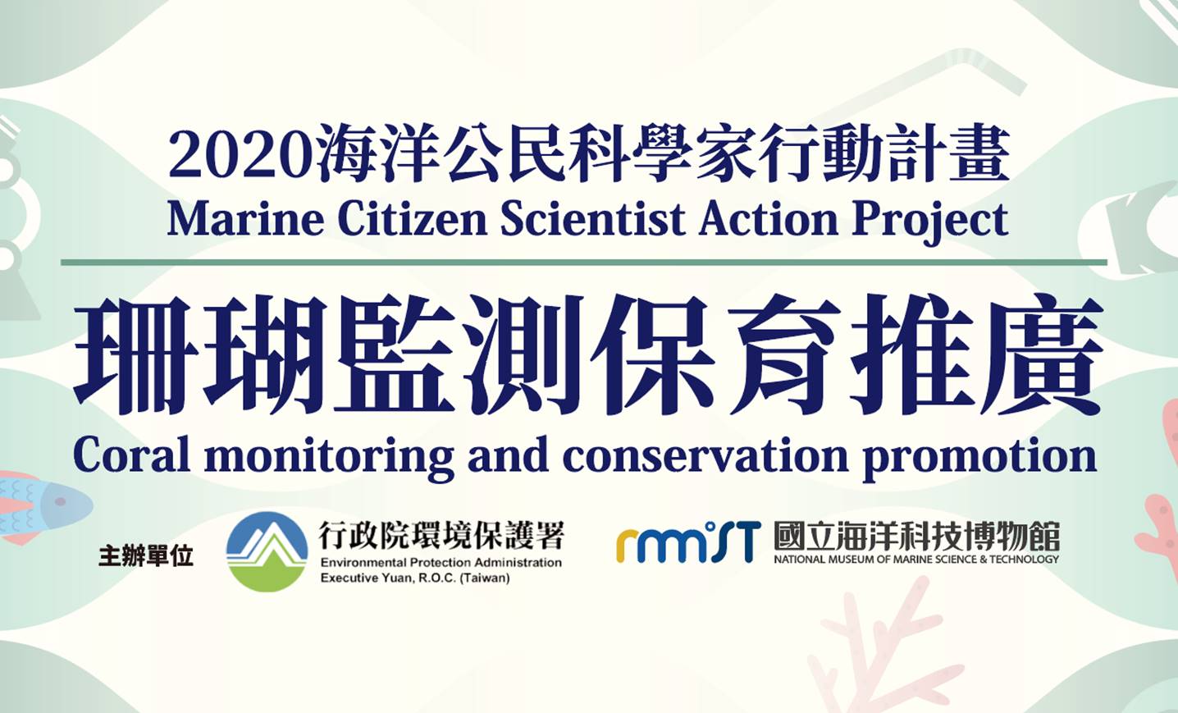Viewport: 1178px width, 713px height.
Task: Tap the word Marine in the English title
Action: tap(245, 220)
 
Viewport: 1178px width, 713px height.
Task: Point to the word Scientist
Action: tap(593, 220)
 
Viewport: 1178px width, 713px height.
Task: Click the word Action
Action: tap(769, 220)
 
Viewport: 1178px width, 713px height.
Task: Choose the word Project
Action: tap(930, 223)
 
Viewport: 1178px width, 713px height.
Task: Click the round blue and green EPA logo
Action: tap(267, 551)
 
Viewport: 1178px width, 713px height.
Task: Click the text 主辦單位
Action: tap(146, 556)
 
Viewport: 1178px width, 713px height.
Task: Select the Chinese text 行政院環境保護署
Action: tap(441, 535)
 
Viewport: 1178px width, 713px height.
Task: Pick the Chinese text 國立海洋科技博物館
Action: tap(916, 537)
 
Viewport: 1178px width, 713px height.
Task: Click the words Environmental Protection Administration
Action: tap(441, 563)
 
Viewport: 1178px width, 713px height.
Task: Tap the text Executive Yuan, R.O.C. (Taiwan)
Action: tap(415, 578)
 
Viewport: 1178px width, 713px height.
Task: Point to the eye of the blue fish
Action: tap(60, 501)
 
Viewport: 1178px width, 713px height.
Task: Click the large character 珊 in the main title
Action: tap(137, 354)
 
